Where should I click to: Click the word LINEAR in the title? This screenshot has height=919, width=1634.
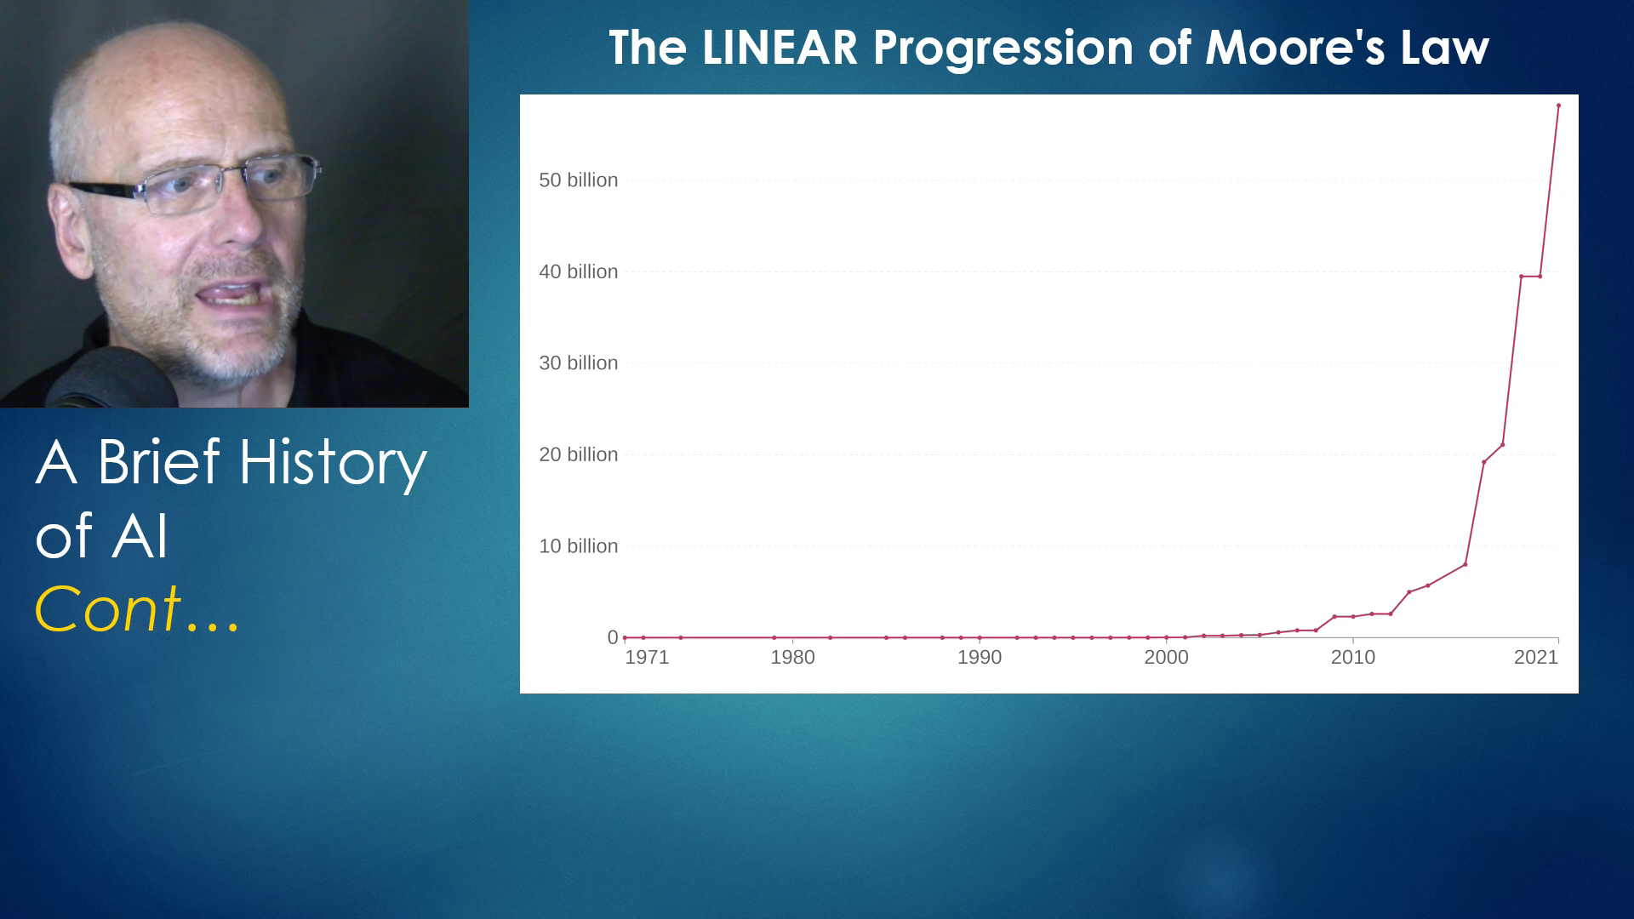point(780,48)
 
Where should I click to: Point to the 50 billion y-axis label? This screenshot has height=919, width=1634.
point(578,180)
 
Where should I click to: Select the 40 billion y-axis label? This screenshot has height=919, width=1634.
point(578,272)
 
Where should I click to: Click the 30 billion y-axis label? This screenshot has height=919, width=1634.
point(578,363)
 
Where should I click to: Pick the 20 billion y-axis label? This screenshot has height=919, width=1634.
point(578,455)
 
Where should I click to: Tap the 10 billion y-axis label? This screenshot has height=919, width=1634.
point(578,546)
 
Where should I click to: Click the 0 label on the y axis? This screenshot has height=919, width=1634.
point(613,637)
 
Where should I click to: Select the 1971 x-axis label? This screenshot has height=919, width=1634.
point(647,658)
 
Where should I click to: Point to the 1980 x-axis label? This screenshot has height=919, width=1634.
point(792,658)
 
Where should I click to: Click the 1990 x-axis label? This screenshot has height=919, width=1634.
point(980,658)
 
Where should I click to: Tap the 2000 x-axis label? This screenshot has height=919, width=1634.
point(1166,658)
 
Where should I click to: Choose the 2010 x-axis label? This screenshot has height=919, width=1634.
point(1353,658)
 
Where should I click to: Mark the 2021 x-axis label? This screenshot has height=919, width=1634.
point(1536,658)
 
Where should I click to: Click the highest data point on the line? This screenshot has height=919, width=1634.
point(1558,106)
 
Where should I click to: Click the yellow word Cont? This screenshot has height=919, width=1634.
point(107,609)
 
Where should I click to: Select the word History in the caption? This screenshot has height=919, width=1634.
point(333,464)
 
